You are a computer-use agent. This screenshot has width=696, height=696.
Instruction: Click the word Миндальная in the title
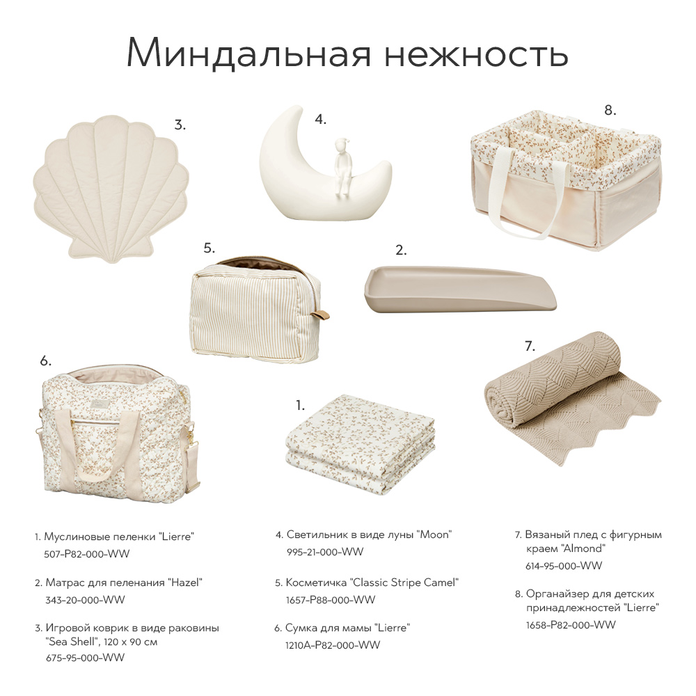pos(249,53)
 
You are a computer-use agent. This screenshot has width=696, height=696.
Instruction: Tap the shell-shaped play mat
pos(111,188)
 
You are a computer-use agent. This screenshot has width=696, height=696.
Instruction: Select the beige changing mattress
pos(460,290)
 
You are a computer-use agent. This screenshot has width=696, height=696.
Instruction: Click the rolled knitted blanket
pos(573,397)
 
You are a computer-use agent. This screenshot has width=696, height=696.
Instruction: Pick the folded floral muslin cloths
pos(361,444)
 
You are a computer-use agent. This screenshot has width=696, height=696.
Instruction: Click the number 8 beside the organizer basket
pos(610,110)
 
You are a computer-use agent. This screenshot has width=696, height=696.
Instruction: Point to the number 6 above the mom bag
pos(46,361)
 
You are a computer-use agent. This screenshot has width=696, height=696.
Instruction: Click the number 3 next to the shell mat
pos(180,125)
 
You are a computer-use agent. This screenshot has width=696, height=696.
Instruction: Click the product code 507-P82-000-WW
pos(87,554)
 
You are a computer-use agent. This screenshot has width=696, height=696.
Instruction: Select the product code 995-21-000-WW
pos(325,552)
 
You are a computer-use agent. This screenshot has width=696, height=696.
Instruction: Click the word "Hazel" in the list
pos(185,583)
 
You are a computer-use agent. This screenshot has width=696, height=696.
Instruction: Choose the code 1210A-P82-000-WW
pos(333,645)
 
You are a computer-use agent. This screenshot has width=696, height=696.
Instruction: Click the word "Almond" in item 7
pos(583,548)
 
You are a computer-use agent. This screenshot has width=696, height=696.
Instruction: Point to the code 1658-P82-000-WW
pos(571,625)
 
